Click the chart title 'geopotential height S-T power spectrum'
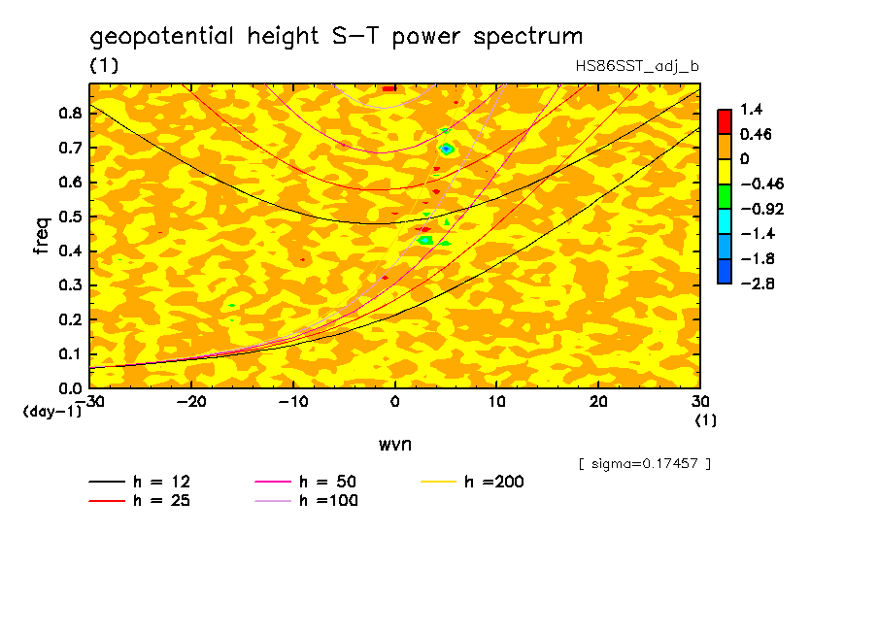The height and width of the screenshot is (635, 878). click(x=336, y=37)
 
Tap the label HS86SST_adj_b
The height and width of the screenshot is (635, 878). click(x=637, y=66)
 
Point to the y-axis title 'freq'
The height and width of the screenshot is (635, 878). click(x=42, y=235)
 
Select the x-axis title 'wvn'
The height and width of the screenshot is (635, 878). click(x=394, y=444)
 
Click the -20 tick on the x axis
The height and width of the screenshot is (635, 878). click(x=191, y=401)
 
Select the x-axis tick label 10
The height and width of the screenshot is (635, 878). click(x=496, y=401)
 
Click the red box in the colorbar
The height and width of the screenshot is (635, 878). click(x=725, y=120)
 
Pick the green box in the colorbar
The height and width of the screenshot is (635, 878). click(x=725, y=195)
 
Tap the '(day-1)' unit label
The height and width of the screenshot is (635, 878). click(x=51, y=412)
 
